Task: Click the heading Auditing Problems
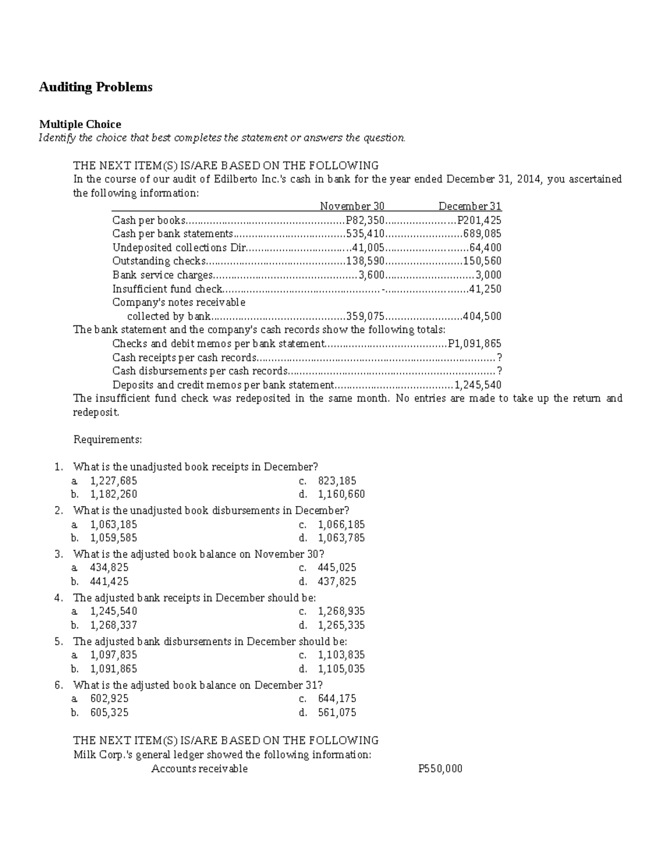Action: click(96, 87)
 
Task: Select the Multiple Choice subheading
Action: click(80, 124)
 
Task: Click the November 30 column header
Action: click(352, 206)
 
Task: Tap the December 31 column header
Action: click(470, 206)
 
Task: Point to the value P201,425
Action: click(476, 220)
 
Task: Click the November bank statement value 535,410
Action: click(365, 234)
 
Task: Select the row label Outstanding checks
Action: click(159, 261)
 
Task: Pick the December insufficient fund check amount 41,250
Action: click(485, 288)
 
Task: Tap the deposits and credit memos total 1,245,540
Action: click(477, 385)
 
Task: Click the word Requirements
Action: click(108, 440)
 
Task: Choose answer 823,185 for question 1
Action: click(337, 481)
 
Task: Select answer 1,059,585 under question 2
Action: click(114, 538)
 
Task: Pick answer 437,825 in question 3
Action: click(337, 581)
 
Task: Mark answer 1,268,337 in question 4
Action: click(114, 625)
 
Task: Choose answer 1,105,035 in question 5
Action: click(341, 669)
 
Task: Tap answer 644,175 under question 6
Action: click(337, 699)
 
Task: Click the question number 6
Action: click(59, 685)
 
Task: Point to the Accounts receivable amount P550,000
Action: click(440, 768)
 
